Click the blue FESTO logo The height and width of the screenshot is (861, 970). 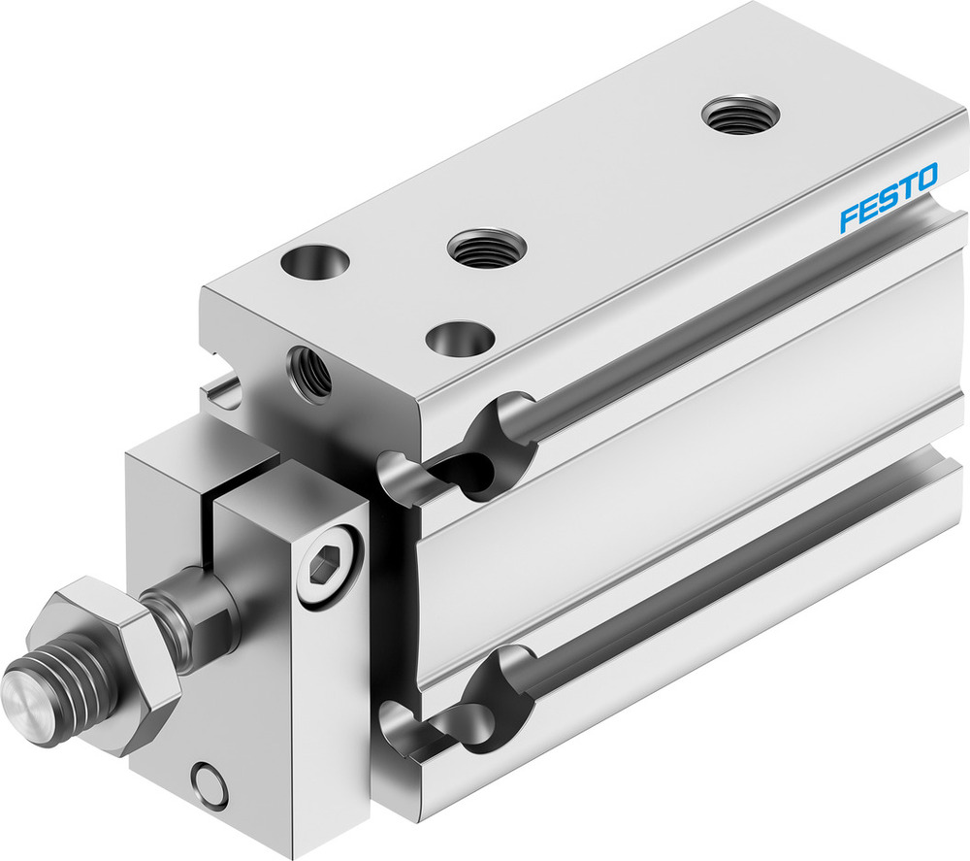click(888, 198)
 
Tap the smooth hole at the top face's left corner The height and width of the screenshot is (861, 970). click(314, 262)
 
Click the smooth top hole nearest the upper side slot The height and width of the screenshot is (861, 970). click(460, 339)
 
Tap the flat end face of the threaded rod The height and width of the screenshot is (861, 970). click(23, 693)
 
